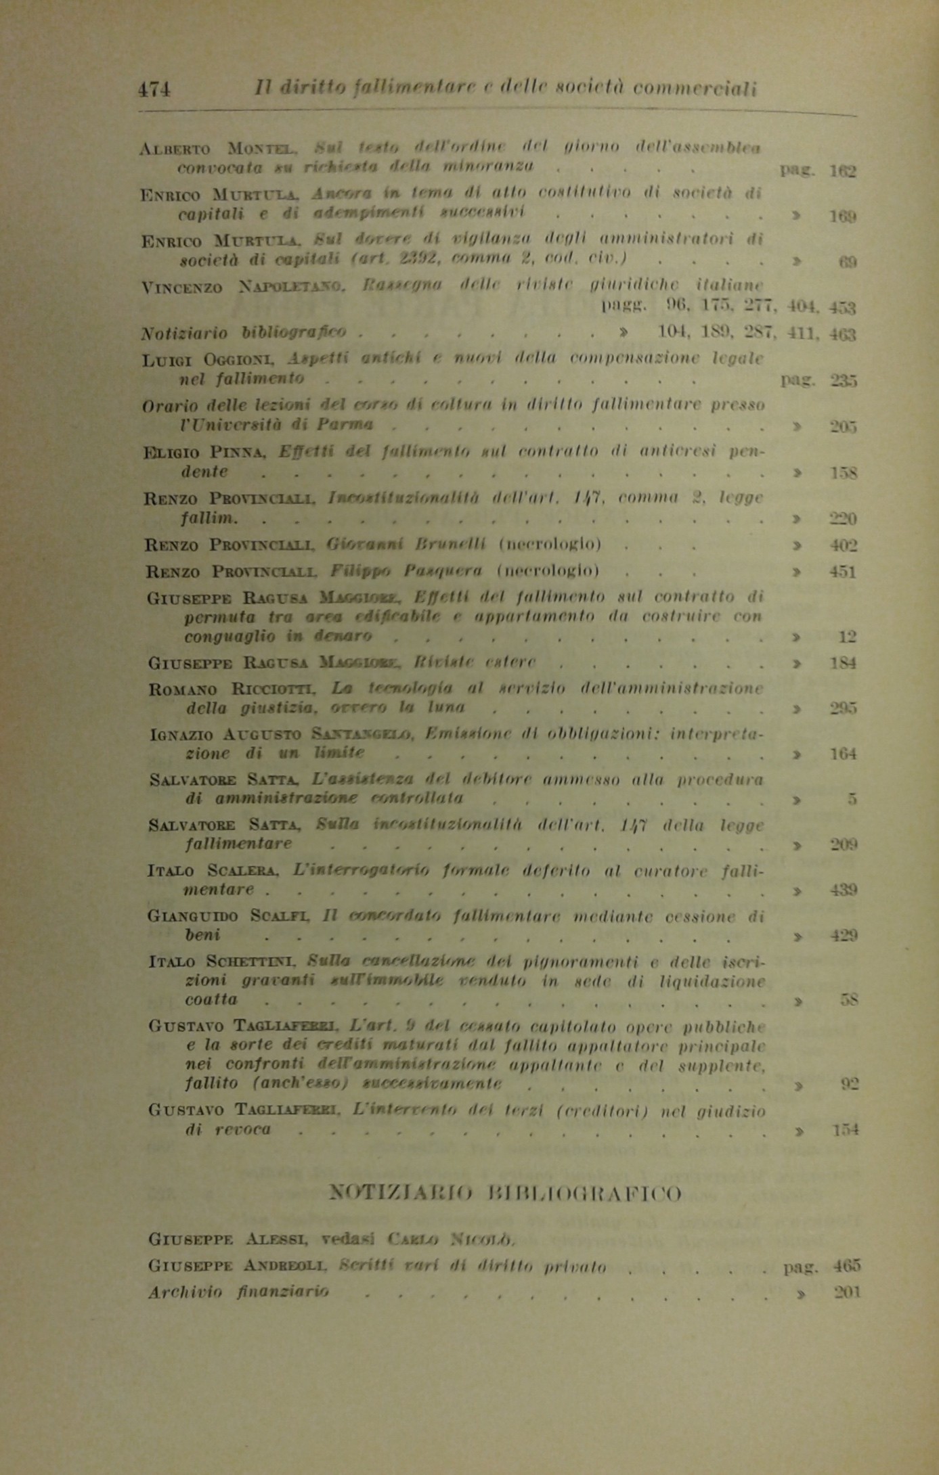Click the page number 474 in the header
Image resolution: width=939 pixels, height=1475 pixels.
(154, 89)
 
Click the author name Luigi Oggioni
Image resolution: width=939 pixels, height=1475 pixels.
(212, 361)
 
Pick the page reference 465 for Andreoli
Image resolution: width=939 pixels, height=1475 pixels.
(847, 1266)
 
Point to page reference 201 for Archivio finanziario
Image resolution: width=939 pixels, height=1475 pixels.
(847, 1292)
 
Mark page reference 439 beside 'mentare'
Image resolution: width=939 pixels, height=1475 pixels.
(844, 890)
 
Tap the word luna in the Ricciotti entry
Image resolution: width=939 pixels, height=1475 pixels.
(444, 708)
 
